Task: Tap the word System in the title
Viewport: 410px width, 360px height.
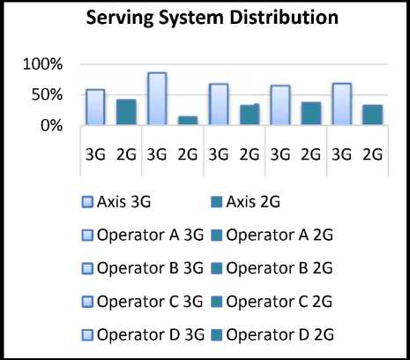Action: coord(191,18)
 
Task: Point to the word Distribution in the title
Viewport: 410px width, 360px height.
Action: coord(284,17)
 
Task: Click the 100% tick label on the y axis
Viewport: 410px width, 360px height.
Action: coord(42,64)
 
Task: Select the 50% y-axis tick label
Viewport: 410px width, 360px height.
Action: coord(47,94)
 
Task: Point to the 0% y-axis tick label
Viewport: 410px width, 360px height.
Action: coord(52,125)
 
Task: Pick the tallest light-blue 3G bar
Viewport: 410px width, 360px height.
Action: coord(157,99)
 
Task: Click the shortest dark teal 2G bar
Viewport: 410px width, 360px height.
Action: coord(188,120)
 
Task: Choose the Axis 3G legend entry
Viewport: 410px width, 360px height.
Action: coord(116,202)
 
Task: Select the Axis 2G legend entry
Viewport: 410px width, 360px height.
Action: coord(245,202)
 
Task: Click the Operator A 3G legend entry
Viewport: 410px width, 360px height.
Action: coord(143,236)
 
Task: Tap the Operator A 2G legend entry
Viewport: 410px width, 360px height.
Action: coord(272,236)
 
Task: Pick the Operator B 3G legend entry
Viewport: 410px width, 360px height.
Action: coord(143,268)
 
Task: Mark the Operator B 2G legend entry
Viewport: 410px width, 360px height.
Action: coord(272,268)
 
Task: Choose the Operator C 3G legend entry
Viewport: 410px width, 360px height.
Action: coord(142,302)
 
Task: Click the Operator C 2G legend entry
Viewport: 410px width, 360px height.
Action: coord(272,302)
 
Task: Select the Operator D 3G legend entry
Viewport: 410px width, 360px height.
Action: coord(143,334)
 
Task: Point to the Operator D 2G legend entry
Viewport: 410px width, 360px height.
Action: coord(272,334)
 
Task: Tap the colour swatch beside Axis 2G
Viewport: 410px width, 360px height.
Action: coord(217,202)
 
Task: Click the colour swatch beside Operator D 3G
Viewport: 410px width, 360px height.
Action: coord(87,335)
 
